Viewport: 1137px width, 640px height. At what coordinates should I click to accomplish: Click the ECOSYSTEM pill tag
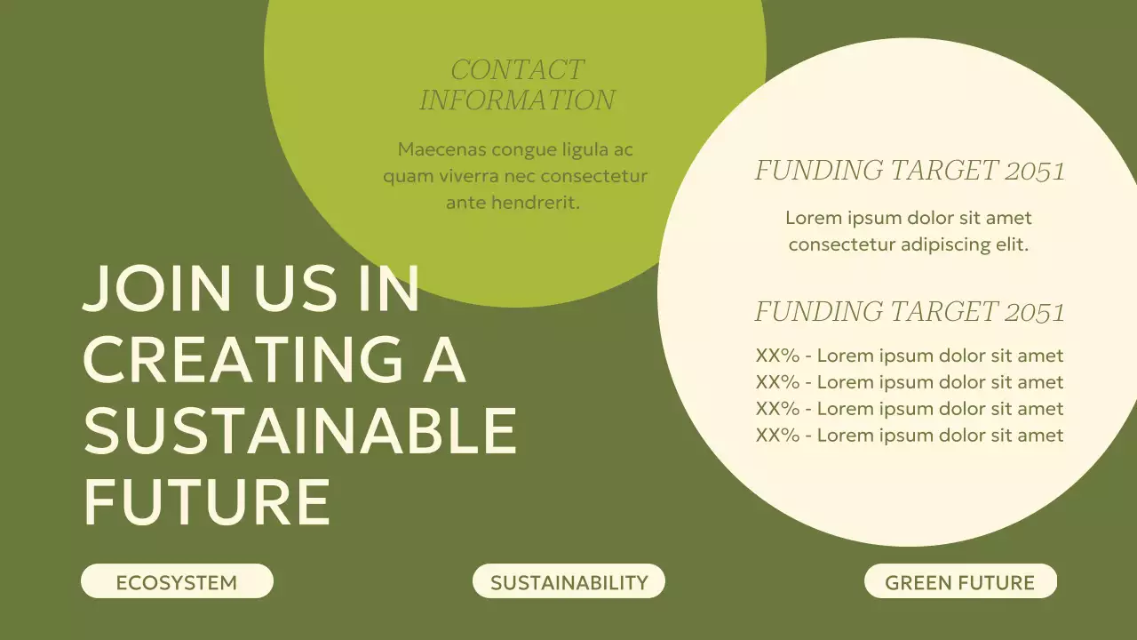click(177, 582)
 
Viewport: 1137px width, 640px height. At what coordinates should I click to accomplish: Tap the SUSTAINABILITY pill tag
click(568, 582)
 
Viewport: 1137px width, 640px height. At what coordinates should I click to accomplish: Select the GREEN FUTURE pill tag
click(960, 582)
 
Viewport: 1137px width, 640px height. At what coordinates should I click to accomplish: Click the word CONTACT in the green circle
click(517, 69)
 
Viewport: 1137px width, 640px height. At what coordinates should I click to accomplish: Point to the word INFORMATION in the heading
click(517, 100)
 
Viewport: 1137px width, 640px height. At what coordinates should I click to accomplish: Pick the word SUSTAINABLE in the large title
click(300, 429)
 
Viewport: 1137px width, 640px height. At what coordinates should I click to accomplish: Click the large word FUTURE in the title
click(206, 500)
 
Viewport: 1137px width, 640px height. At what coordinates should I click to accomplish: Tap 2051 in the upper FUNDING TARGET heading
click(1035, 171)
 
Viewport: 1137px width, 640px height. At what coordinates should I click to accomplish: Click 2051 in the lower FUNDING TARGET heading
click(1035, 312)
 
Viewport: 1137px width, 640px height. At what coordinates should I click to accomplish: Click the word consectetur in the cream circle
click(841, 244)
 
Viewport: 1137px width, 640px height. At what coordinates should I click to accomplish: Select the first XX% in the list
click(777, 356)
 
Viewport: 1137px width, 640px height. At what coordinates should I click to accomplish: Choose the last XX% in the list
click(777, 436)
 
